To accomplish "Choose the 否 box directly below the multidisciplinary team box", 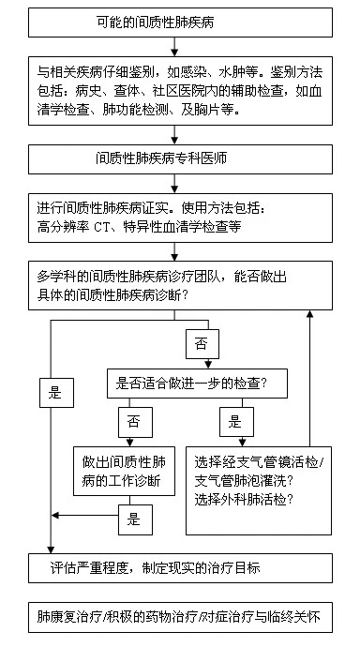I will point(201,344).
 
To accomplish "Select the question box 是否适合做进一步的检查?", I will point(194,383).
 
